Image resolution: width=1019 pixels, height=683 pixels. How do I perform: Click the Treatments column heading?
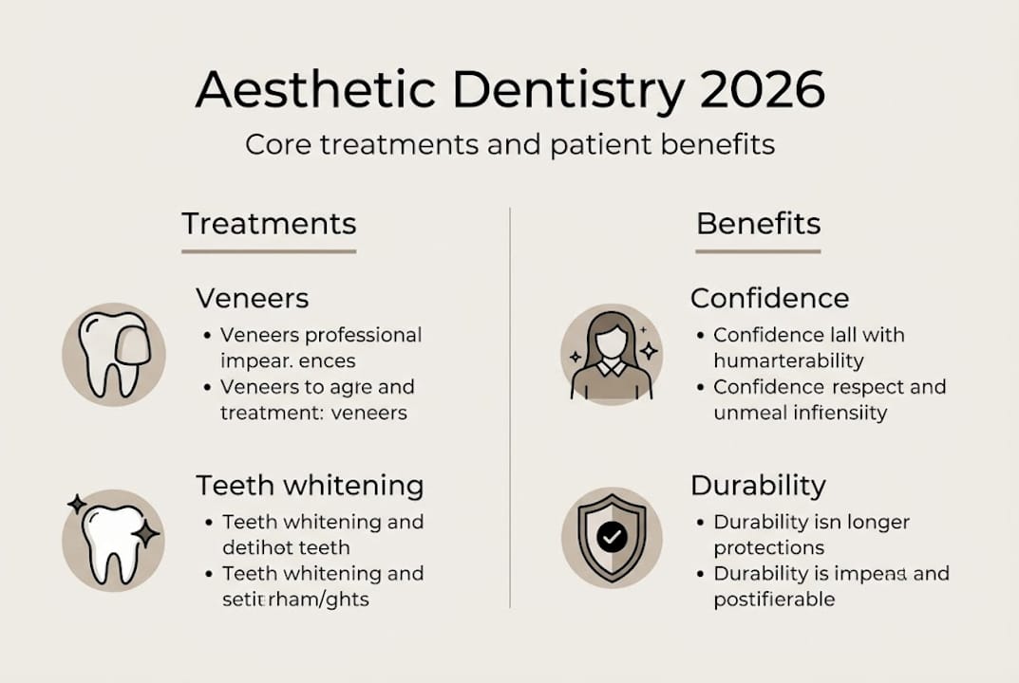click(x=269, y=224)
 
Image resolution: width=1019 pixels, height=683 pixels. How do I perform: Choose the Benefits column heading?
click(x=758, y=224)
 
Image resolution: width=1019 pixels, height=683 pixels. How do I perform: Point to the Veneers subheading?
click(x=253, y=298)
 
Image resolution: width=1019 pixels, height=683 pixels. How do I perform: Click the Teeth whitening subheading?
click(x=310, y=486)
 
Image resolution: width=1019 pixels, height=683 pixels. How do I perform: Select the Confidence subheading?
click(x=769, y=298)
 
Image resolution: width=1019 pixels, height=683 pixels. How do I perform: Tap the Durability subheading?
click(x=758, y=486)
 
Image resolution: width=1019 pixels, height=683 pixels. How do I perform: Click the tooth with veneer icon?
click(x=113, y=355)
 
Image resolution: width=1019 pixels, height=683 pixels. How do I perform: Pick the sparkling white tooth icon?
click(x=112, y=542)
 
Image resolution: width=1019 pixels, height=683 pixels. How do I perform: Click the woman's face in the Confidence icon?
click(x=612, y=341)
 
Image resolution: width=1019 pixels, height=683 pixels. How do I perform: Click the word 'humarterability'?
click(x=788, y=361)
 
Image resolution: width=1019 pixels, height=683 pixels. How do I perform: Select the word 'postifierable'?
click(x=774, y=600)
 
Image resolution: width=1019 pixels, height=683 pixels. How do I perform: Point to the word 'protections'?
click(x=769, y=548)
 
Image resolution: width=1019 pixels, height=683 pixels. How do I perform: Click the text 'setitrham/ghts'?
click(x=295, y=600)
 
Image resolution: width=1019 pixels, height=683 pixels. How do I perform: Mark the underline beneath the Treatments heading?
click(x=269, y=251)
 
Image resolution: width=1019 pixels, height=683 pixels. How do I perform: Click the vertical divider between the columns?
click(x=510, y=408)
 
